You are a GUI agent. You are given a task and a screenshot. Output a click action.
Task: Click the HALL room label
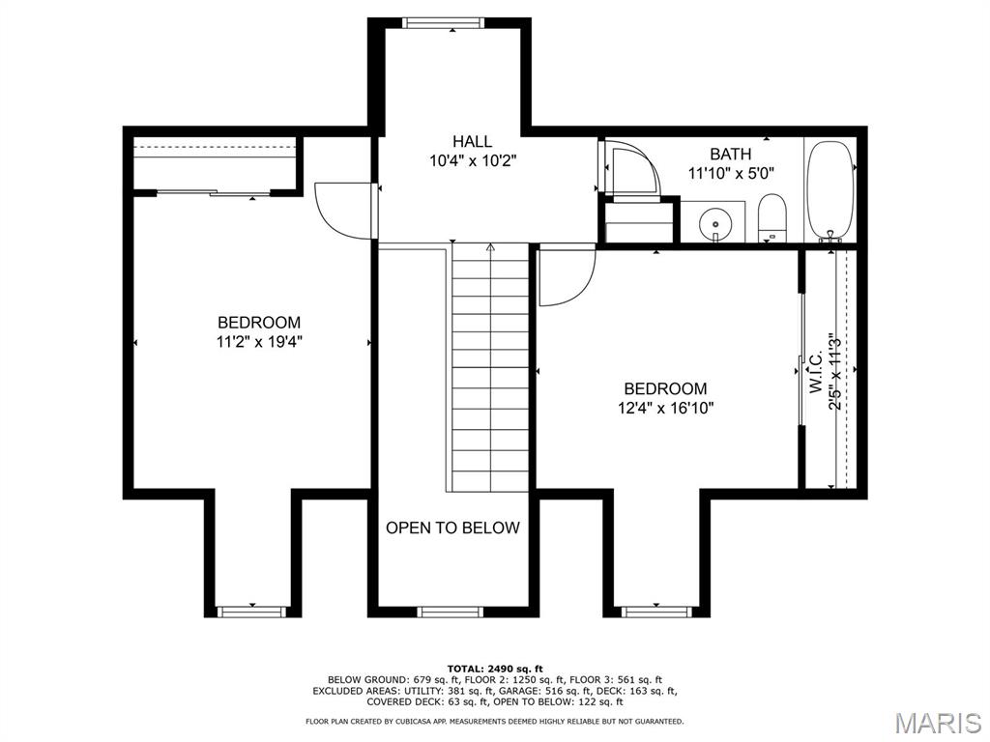[x=472, y=141]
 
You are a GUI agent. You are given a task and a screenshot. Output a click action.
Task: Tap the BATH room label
[x=731, y=154]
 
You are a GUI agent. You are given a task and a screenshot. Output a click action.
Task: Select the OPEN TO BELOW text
[x=452, y=528]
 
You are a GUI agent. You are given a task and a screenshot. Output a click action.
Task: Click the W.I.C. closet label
[x=816, y=372]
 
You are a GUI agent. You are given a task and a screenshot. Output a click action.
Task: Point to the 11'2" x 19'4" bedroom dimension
[x=259, y=342]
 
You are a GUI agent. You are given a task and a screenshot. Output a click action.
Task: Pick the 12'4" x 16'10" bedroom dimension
[x=665, y=409]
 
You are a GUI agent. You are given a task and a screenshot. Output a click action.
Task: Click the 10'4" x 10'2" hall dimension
[x=473, y=161]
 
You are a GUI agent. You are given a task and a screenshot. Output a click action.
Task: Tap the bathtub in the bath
[x=830, y=191]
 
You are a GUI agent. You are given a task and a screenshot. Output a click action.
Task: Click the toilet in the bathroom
[x=771, y=218]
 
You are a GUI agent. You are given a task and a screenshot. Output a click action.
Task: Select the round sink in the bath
[x=715, y=224]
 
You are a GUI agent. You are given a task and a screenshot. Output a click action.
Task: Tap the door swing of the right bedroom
[x=567, y=276]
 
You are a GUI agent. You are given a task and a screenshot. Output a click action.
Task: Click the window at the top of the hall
[x=444, y=23]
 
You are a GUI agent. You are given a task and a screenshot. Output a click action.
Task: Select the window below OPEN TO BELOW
[x=451, y=612]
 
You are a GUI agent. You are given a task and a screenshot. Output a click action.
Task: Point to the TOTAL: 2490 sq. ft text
[x=495, y=669]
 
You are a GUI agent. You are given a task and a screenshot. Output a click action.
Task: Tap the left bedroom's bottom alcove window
[x=251, y=612]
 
